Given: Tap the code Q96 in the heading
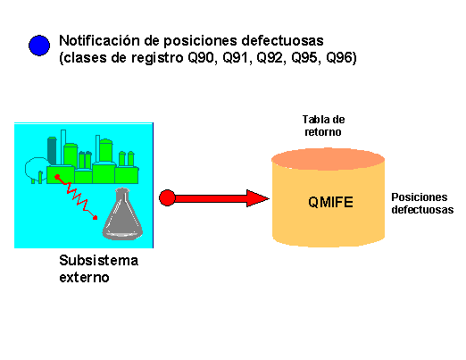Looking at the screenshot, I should pyautogui.click(x=339, y=59).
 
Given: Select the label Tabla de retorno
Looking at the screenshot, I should pyautogui.click(x=323, y=125).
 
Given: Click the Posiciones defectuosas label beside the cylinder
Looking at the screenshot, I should pyautogui.click(x=422, y=203).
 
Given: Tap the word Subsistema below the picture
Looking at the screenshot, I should pyautogui.click(x=98, y=262).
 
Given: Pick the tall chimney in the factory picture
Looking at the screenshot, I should pyautogui.click(x=63, y=147).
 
